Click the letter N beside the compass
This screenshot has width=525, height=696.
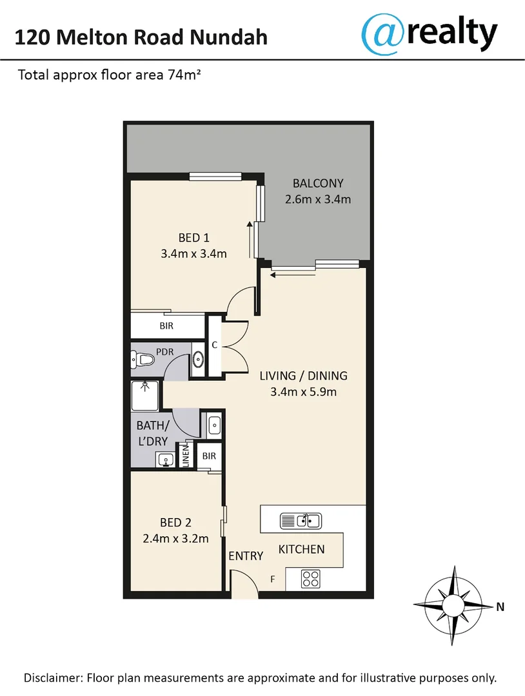point(500,606)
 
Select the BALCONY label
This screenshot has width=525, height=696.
point(317,182)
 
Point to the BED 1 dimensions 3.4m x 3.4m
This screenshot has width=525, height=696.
point(193,254)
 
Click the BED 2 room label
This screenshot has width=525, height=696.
point(175,523)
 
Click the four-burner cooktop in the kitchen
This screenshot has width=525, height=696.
point(311,579)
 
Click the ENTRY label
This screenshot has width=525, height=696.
point(246,556)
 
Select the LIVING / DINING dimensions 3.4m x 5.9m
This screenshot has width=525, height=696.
point(304,392)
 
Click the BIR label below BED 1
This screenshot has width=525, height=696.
point(166,327)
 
